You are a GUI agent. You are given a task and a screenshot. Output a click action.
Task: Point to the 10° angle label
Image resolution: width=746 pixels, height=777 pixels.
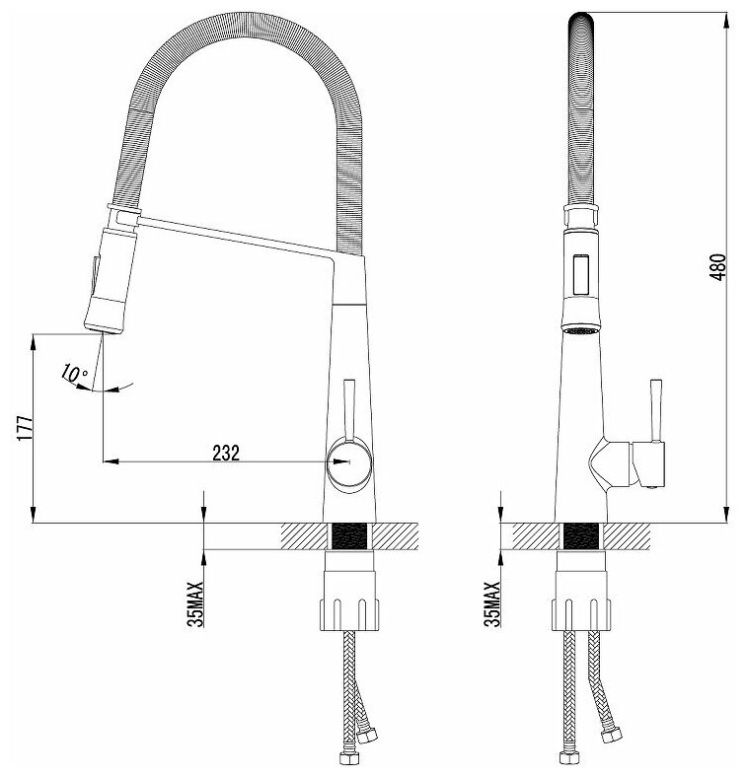pyautogui.click(x=74, y=373)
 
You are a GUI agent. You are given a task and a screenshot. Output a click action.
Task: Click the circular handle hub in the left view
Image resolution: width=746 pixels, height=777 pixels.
pyautogui.click(x=350, y=460)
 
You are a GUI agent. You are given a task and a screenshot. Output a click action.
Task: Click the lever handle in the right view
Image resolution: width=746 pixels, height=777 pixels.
pyautogui.click(x=653, y=407)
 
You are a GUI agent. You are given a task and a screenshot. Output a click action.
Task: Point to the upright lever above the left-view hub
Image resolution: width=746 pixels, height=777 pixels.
pyautogui.click(x=349, y=406)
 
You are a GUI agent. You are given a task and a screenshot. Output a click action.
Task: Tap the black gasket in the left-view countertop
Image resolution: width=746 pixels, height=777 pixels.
pyautogui.click(x=350, y=537)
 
